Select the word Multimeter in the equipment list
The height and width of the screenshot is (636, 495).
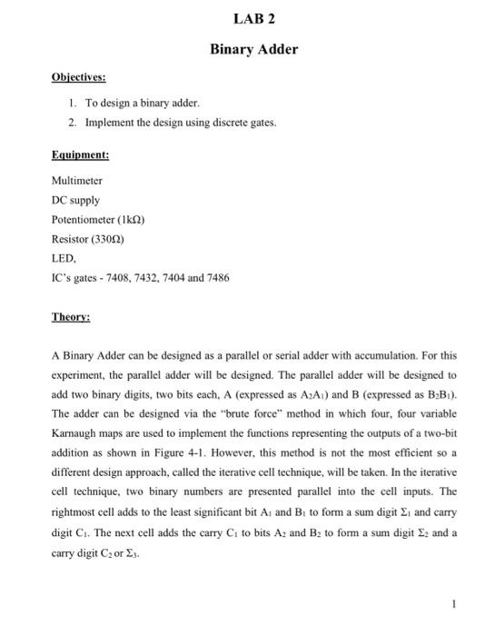[x=77, y=182]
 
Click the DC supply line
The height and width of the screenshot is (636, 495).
[x=75, y=201]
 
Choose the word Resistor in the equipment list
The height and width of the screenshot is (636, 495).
[x=71, y=239]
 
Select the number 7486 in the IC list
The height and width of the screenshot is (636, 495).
[x=215, y=277]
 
